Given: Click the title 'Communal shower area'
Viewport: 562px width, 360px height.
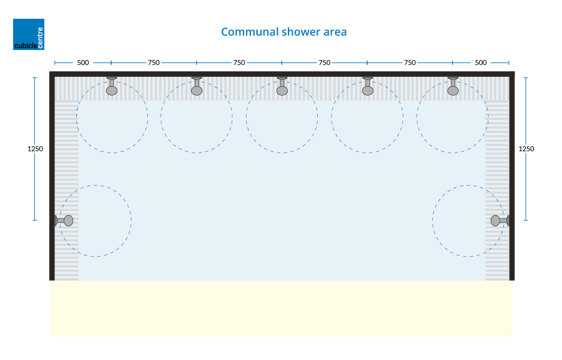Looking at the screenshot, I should (x=283, y=32).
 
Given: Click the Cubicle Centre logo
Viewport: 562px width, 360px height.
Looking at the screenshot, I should (x=29, y=34).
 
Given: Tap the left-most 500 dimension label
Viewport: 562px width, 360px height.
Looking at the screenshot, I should (x=82, y=62).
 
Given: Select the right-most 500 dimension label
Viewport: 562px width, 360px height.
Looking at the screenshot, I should (x=480, y=62).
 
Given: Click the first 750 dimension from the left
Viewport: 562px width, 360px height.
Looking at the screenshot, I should (x=154, y=62).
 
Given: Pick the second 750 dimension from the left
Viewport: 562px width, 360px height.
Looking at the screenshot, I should (x=239, y=62).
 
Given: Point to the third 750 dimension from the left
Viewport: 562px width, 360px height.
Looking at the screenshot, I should (x=324, y=62).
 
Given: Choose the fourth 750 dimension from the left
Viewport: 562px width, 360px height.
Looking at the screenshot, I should (x=410, y=62).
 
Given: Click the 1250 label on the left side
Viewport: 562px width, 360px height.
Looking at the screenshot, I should (x=36, y=149).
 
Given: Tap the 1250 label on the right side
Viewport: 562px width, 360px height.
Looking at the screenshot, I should (x=526, y=149).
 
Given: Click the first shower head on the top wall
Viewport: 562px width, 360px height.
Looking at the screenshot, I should (x=112, y=87).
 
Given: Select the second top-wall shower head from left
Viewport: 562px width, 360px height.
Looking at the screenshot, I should (x=197, y=87).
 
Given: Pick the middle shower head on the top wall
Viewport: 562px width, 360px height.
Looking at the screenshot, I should (x=282, y=87).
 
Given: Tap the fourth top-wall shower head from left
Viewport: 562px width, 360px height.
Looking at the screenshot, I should (x=368, y=87).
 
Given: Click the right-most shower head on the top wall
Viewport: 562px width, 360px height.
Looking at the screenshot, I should (x=453, y=87).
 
